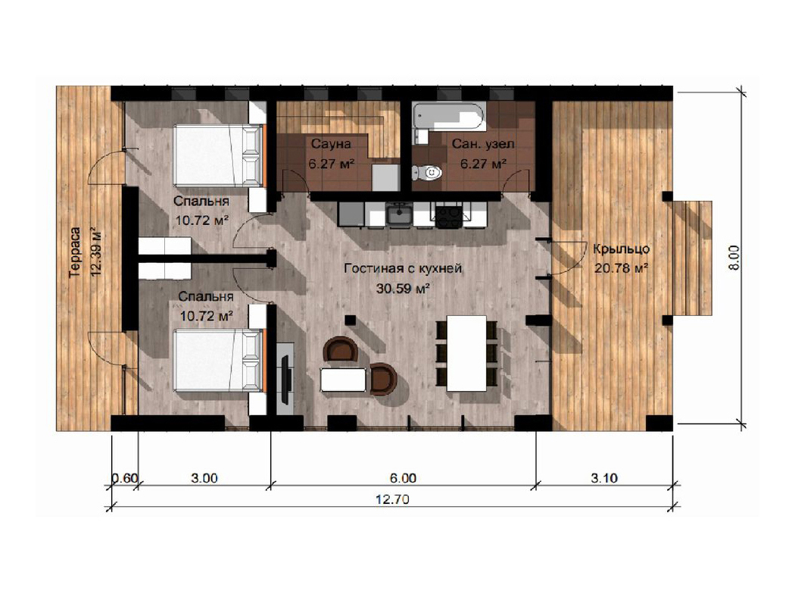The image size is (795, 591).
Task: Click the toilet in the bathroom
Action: pos(427,173)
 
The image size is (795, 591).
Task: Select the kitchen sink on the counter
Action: pos(400,214)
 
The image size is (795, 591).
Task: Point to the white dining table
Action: pos(466,353)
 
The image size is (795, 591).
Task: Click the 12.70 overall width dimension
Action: pos(392,499)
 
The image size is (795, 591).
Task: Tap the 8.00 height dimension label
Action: pos(734,258)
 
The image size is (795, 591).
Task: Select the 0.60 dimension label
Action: pos(125,478)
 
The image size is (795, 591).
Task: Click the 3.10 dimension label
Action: pos(604,478)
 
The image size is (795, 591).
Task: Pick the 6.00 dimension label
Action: pos(403,478)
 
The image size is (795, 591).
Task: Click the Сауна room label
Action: pos(331,143)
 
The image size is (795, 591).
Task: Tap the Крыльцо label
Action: pos(622,249)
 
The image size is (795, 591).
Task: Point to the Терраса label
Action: pos(75,252)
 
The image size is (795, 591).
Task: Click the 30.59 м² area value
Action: pos(404,289)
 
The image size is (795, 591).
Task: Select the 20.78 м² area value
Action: pos(622,268)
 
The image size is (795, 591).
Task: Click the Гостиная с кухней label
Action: pos(403,268)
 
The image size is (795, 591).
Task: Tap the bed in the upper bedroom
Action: pos(220,155)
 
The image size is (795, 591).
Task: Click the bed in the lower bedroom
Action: pos(220,360)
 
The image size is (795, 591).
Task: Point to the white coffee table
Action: pos(343,380)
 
